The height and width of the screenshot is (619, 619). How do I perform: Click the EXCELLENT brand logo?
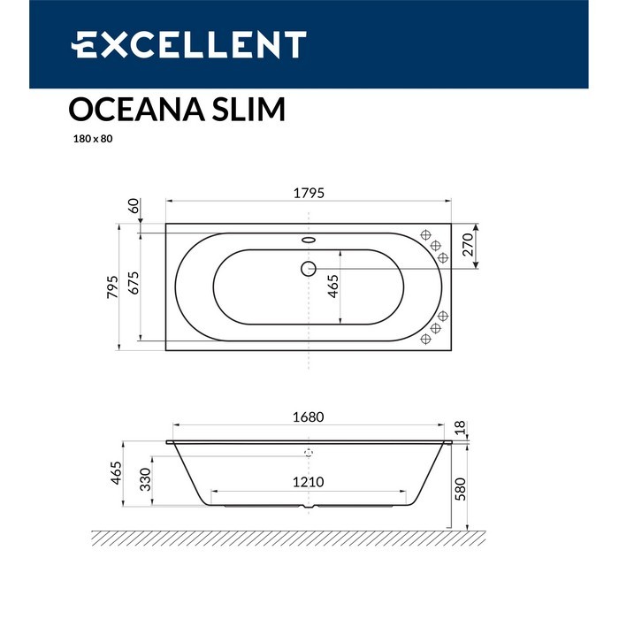point(188,44)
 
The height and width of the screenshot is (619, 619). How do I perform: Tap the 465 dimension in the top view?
point(333,287)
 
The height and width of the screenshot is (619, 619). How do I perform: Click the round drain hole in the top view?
point(309,267)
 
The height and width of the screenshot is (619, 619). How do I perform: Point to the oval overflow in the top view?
point(309,238)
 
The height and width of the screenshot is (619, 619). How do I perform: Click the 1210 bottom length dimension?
point(309,483)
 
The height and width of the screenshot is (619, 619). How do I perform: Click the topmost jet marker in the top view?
point(425,236)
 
